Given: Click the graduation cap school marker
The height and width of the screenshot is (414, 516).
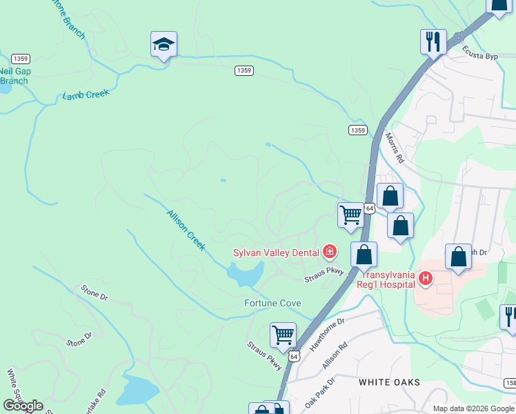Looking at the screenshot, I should tap(163, 45).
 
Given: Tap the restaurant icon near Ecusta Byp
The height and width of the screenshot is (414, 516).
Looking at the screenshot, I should tap(433, 42).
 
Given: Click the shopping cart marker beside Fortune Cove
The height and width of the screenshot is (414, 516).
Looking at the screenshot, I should tap(283, 335).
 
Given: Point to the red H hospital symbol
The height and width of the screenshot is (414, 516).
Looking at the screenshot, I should tap(426, 279).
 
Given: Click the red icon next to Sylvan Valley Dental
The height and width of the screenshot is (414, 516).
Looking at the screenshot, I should tap(330, 252).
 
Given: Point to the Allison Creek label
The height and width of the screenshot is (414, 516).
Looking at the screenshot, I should tap(186, 230).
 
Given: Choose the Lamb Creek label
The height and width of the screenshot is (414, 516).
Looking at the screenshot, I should tap(86, 95).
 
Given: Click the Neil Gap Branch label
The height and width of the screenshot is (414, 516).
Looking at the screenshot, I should tap(14, 76).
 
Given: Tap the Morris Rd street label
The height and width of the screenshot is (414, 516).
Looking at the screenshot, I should tap(394, 148).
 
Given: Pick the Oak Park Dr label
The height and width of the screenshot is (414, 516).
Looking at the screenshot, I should tap(319, 391).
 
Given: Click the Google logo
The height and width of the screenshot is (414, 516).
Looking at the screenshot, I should tap(23, 406).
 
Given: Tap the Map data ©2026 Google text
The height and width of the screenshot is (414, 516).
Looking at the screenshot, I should tap(473, 408).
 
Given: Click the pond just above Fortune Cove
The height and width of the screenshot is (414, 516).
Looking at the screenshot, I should tap(246, 275).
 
